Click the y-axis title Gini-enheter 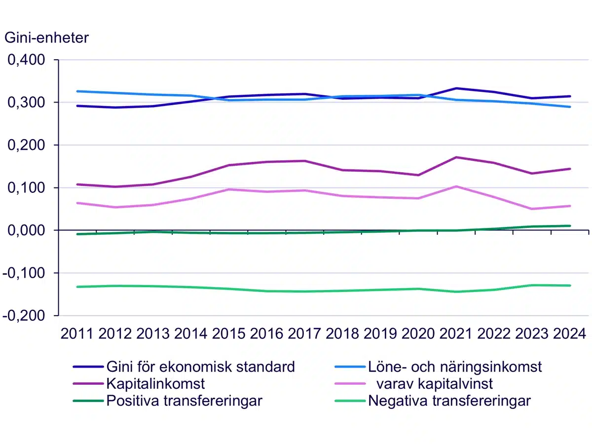click(x=46, y=37)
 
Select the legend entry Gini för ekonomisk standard click(x=200, y=367)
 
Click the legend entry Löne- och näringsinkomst click(x=454, y=367)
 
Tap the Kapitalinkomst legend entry click(x=155, y=383)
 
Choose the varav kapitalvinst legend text click(x=434, y=383)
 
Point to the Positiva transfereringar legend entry click(x=184, y=401)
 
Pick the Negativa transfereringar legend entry click(x=449, y=401)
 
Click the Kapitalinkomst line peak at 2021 click(x=456, y=157)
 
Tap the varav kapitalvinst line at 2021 click(x=456, y=186)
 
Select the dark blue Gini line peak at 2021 click(x=456, y=88)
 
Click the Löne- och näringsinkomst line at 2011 click(x=77, y=91)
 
